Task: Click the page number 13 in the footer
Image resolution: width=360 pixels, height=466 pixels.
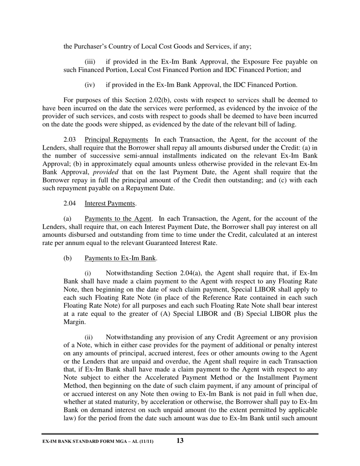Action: point(180,441)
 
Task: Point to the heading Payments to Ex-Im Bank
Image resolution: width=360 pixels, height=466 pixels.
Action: point(120,258)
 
